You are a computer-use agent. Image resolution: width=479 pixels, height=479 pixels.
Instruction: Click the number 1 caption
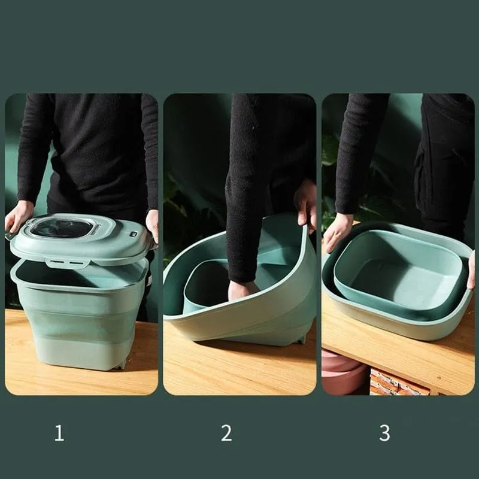coord(59,433)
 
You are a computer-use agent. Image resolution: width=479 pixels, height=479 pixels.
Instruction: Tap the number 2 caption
coord(226,433)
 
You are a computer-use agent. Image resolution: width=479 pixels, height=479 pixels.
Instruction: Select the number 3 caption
coord(384,433)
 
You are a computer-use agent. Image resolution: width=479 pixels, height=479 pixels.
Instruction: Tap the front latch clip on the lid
coord(68,263)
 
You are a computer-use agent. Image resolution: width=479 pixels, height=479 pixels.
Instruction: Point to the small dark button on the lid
coord(134,234)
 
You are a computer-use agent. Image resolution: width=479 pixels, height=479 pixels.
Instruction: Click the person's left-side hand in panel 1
coord(19,216)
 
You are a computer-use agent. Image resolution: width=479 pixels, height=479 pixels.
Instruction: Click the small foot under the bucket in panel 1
coord(122,364)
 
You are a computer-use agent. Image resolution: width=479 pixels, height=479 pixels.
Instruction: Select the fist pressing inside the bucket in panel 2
coord(242,290)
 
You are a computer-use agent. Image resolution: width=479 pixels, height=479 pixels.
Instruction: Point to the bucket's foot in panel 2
coord(302,339)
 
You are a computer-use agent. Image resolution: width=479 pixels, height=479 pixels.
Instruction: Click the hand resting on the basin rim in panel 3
coord(337,232)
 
